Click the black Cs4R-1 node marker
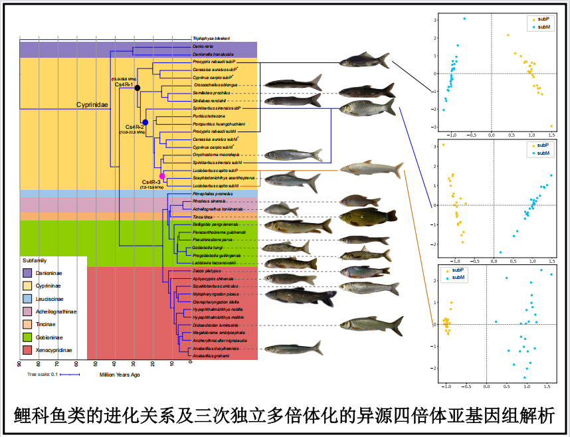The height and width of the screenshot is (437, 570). pyautogui.click(x=137, y=88)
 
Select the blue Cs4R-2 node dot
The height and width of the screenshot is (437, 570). pyautogui.click(x=145, y=122)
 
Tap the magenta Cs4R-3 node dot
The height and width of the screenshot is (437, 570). pyautogui.click(x=161, y=175)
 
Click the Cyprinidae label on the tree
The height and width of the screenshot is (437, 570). pyautogui.click(x=92, y=104)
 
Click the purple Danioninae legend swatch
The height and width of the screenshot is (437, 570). pyautogui.click(x=27, y=272)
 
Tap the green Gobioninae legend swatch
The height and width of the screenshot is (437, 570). pyautogui.click(x=27, y=337)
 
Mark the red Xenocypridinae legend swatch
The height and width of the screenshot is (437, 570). pyautogui.click(x=27, y=350)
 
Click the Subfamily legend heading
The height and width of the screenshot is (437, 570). pyautogui.click(x=35, y=260)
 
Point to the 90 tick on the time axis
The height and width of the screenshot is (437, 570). pyautogui.click(x=19, y=364)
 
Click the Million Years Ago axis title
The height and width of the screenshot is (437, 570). pyautogui.click(x=120, y=375)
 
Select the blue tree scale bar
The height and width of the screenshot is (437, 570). pyautogui.click(x=70, y=375)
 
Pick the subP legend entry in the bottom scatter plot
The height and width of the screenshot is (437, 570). pyautogui.click(x=456, y=270)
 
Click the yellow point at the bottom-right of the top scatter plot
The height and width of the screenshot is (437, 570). pyautogui.click(x=551, y=126)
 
